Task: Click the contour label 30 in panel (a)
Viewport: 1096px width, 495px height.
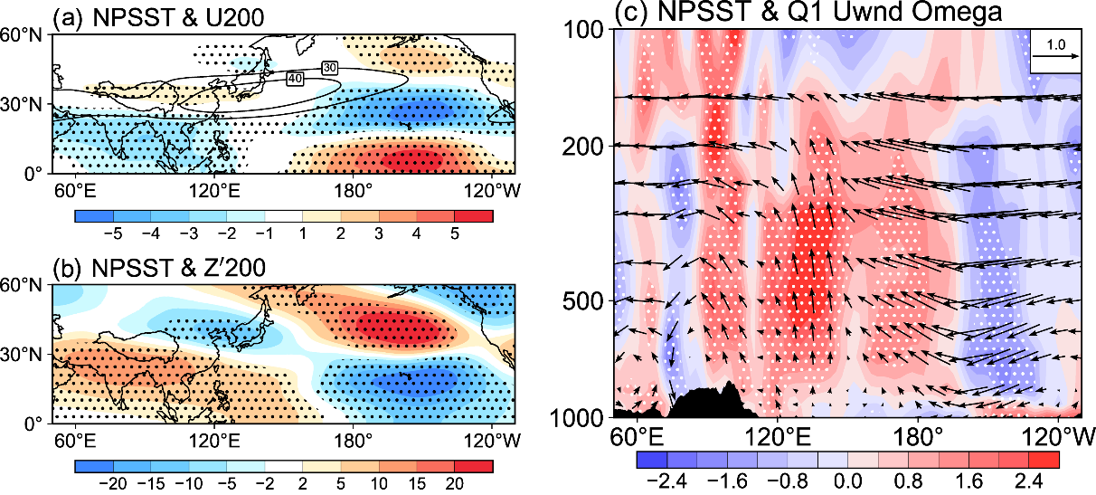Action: point(330,68)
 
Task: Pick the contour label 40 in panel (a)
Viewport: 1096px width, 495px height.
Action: point(295,79)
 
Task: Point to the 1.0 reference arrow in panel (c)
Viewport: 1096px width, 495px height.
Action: point(1056,56)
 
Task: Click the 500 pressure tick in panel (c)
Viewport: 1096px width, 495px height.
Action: point(584,301)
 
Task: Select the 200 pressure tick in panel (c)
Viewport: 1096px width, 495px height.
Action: point(584,146)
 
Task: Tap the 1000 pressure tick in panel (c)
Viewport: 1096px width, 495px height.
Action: point(578,418)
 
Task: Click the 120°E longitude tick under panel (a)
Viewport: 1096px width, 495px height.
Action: point(214,190)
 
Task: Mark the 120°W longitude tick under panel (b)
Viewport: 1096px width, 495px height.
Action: point(491,441)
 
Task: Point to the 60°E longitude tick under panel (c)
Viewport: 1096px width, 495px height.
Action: point(637,437)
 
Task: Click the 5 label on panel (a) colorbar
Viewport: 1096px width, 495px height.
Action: point(455,234)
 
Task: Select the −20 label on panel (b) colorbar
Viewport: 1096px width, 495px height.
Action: point(113,484)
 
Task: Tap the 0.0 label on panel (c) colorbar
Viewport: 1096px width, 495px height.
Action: point(848,481)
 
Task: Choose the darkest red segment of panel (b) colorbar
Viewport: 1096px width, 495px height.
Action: point(474,466)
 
